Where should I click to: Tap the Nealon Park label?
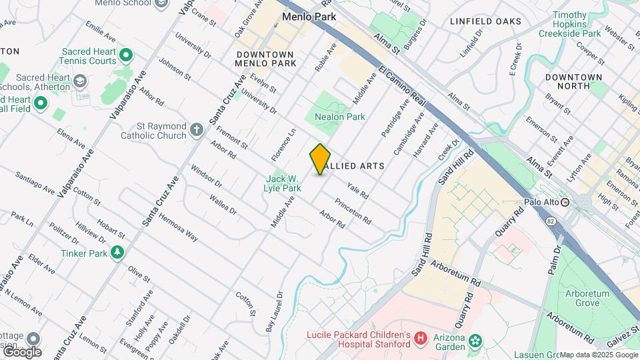tap(344, 117)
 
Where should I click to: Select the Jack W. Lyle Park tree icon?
tap(275, 173)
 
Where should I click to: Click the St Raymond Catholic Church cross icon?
tap(197, 130)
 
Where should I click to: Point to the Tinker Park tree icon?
tap(117, 253)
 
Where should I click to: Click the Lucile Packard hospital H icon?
tap(420, 339)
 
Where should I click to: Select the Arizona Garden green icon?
tap(474, 341)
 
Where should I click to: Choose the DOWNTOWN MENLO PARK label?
tap(265, 59)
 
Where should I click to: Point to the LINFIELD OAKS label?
tap(485, 21)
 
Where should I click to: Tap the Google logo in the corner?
tap(21, 351)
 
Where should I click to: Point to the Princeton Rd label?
tap(353, 211)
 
